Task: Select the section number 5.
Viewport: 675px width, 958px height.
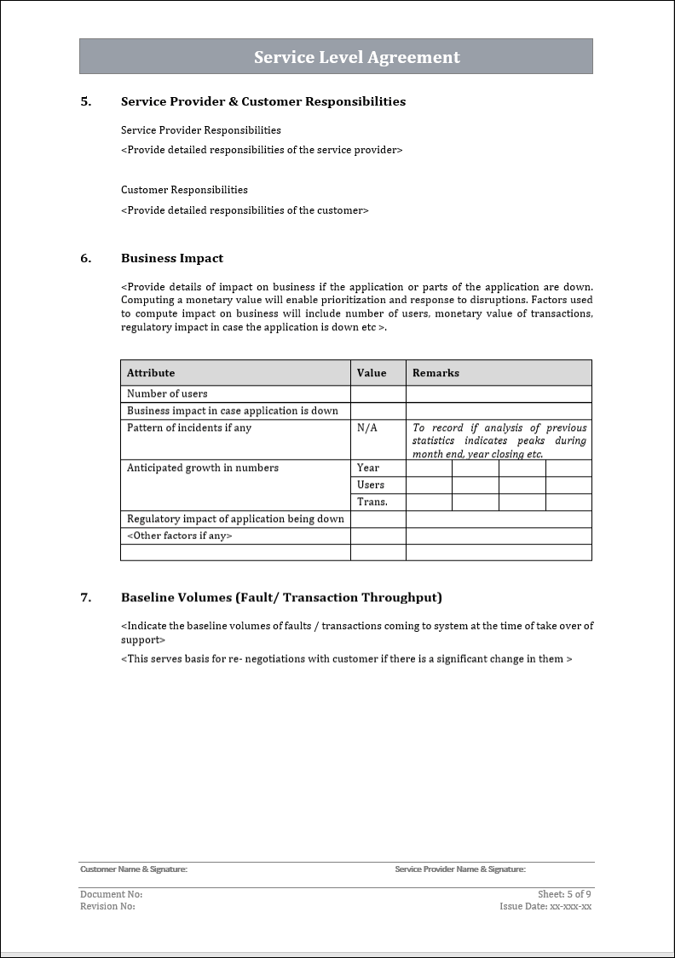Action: pos(85,101)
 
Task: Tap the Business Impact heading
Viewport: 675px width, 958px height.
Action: pos(172,258)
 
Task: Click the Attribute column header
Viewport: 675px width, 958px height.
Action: pos(151,373)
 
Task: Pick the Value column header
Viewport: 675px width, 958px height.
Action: pos(372,373)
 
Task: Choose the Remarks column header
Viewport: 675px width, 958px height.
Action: pos(436,373)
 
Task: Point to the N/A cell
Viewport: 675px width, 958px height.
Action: pos(367,427)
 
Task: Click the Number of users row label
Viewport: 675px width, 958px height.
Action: pos(167,393)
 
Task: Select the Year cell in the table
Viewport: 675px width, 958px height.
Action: pos(368,468)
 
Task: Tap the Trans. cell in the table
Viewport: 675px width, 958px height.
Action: pos(372,502)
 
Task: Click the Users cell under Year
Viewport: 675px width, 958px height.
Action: pos(371,485)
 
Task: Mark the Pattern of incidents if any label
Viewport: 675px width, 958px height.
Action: pos(189,427)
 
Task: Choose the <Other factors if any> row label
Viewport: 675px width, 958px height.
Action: pos(179,536)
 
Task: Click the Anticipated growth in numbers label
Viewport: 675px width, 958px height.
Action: pos(203,468)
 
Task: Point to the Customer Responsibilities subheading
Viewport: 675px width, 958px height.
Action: pos(184,190)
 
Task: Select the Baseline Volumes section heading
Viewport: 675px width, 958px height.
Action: pos(281,597)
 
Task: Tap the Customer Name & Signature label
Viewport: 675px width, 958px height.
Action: pos(134,869)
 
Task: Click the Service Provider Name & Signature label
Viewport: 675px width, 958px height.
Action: pos(460,869)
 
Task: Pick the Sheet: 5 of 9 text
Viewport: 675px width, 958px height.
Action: pos(564,894)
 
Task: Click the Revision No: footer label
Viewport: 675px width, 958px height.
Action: pos(107,906)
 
